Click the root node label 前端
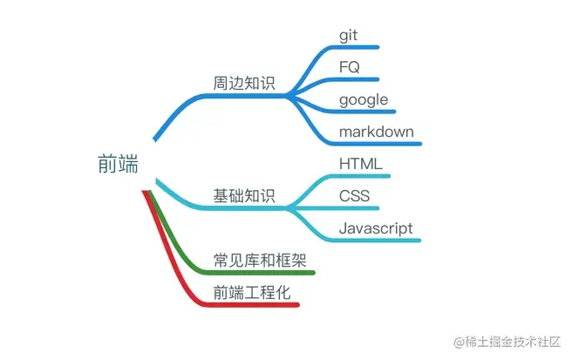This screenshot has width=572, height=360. (118, 164)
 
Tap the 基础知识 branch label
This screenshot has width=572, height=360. (244, 195)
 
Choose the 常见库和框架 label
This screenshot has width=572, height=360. (260, 260)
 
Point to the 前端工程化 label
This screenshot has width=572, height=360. (251, 292)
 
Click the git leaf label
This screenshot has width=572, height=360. (349, 36)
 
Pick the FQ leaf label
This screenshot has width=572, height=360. (350, 67)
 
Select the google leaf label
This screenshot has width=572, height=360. (364, 99)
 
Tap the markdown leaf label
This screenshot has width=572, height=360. (377, 132)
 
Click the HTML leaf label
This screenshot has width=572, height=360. (360, 163)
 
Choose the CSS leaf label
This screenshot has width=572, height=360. (355, 195)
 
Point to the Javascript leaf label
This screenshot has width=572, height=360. (376, 228)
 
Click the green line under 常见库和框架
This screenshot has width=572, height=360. (262, 273)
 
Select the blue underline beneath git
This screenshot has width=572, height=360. (357, 47)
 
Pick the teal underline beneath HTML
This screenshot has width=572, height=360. (362, 175)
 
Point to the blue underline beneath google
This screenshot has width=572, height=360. (366, 111)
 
